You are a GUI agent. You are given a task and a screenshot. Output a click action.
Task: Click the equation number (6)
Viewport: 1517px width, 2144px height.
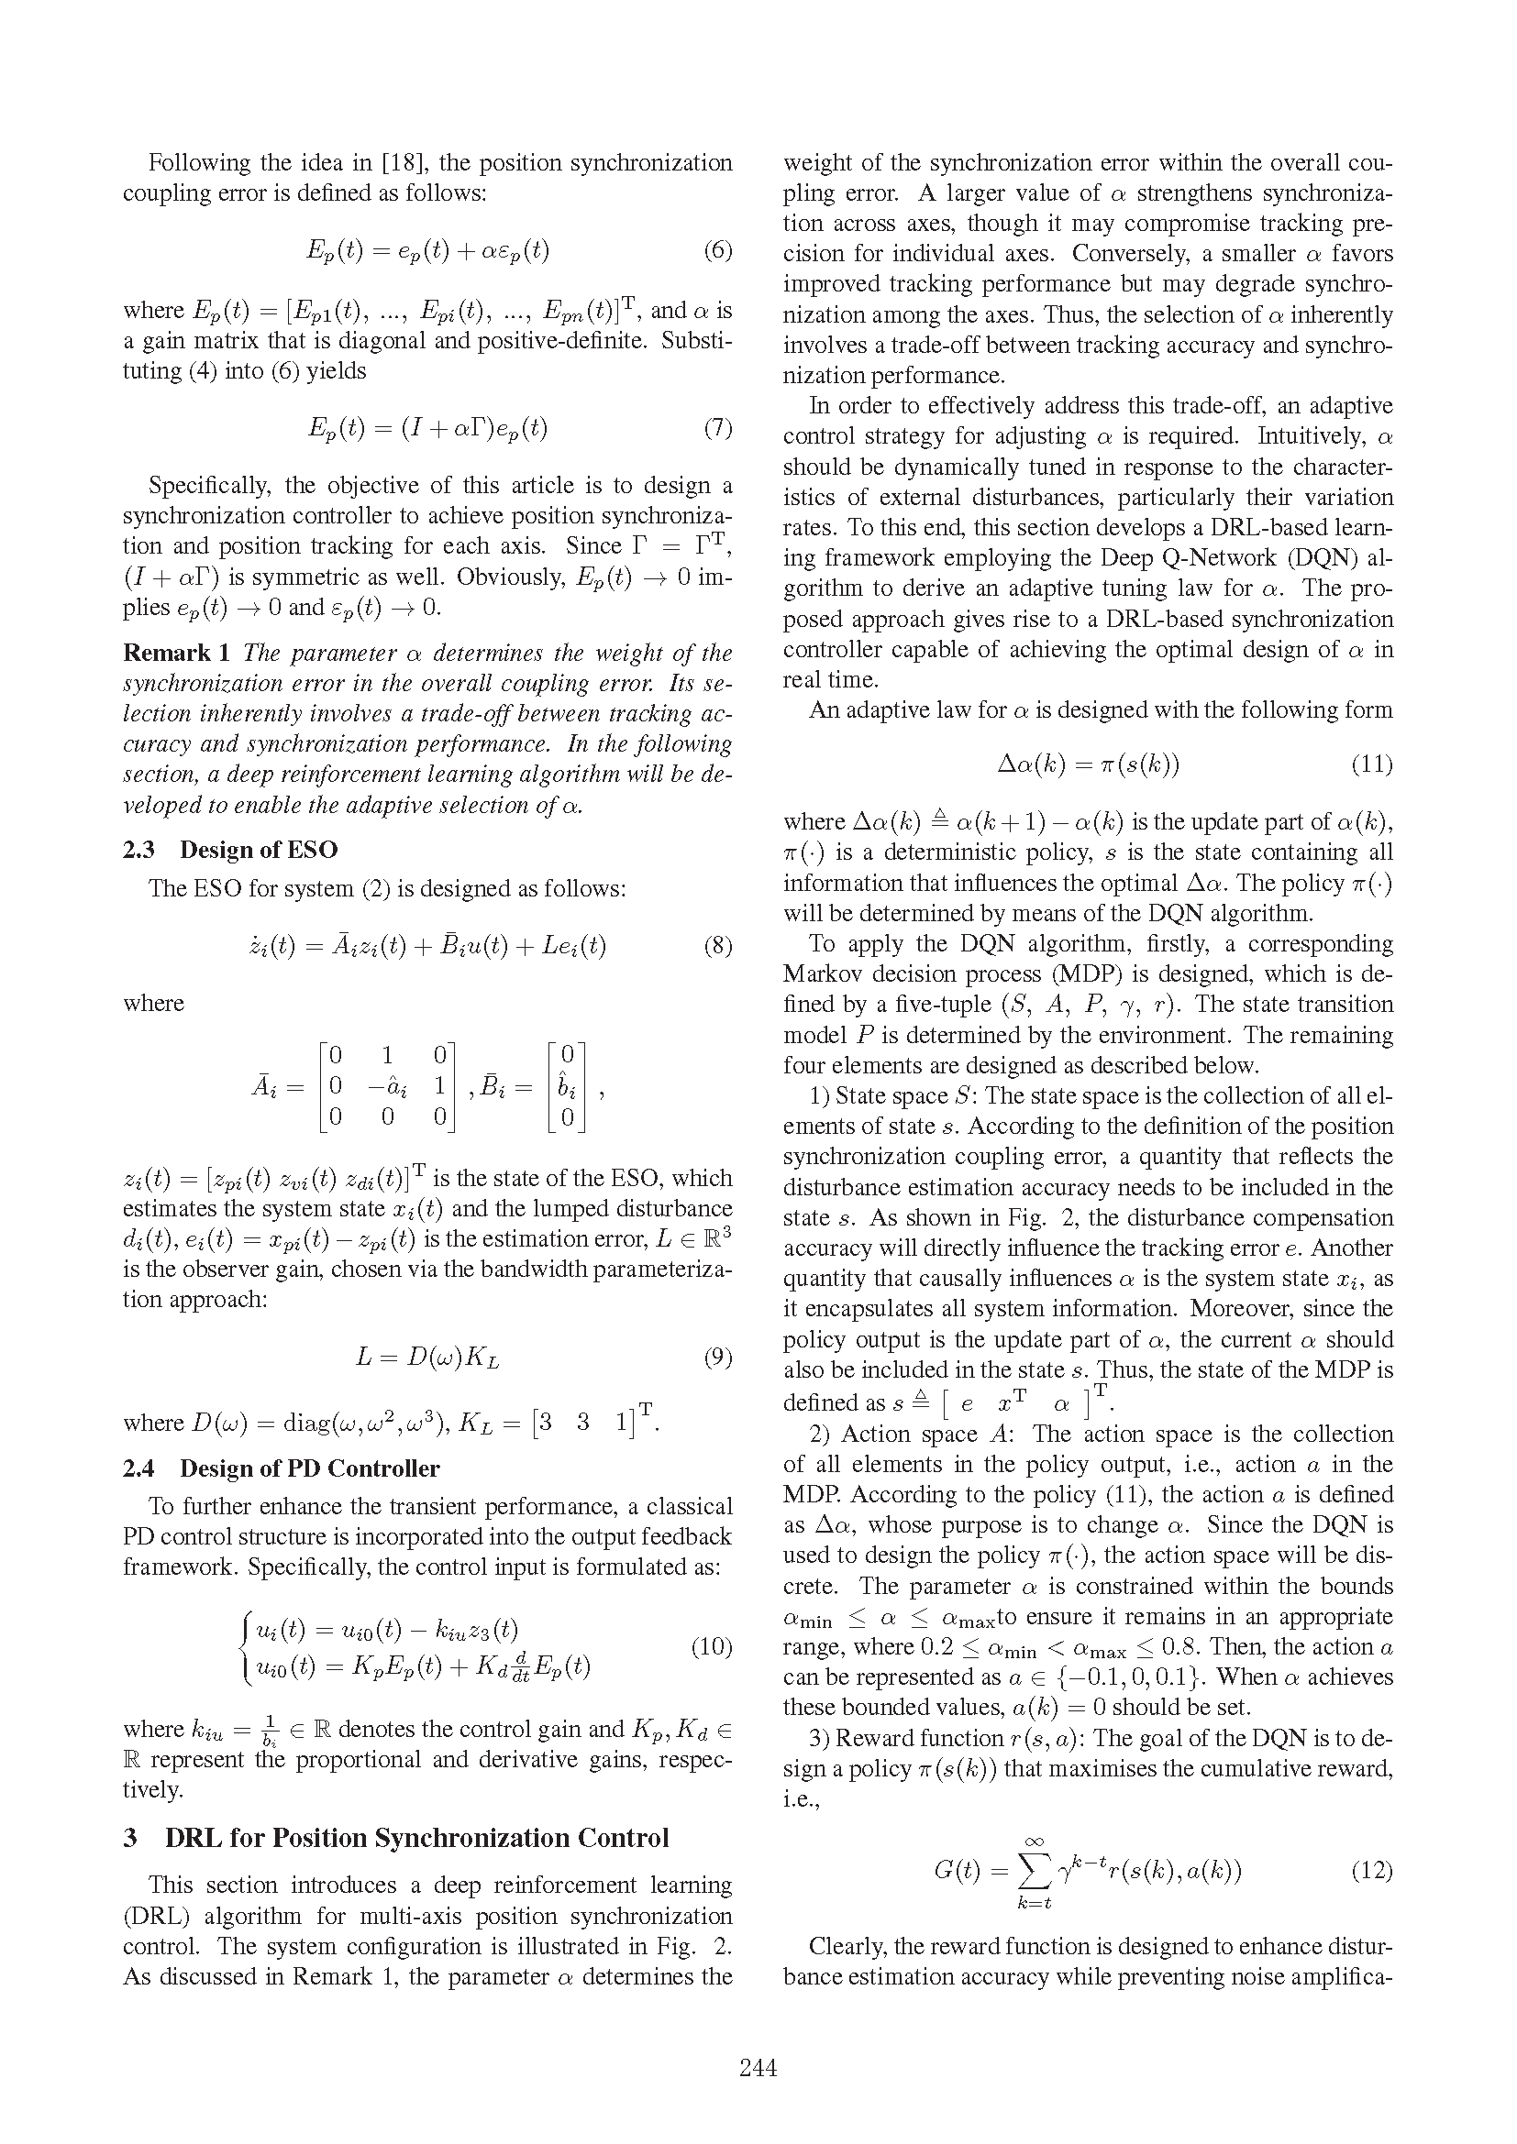tap(717, 250)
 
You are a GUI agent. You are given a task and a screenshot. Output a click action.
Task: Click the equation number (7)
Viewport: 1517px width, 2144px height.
tap(717, 429)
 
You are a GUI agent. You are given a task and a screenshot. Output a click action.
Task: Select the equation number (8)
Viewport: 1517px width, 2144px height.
tap(717, 946)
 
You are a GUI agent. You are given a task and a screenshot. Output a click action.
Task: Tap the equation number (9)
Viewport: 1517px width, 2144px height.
tap(717, 1357)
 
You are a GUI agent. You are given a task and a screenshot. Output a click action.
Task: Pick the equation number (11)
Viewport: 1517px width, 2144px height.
tap(1371, 764)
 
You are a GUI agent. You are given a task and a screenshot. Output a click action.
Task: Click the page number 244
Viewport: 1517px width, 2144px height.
tap(758, 2067)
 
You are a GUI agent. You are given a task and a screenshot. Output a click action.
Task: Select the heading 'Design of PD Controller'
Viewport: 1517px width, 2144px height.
tap(309, 1468)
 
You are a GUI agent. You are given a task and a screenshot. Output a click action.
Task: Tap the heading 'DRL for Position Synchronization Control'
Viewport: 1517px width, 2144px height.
tap(416, 1838)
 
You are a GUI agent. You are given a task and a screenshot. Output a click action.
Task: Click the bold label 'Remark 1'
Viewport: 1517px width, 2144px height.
tap(175, 653)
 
